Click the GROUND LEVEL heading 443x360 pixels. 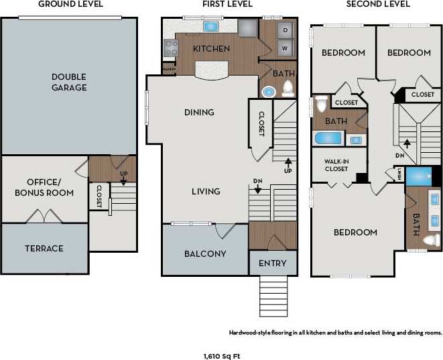pyautogui.click(x=70, y=4)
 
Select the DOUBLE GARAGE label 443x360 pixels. pyautogui.click(x=69, y=82)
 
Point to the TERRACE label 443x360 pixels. pyautogui.click(x=44, y=249)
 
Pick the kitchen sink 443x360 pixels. pyautogui.click(x=211, y=27)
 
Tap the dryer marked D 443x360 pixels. pyautogui.click(x=285, y=31)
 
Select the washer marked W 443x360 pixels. pyautogui.click(x=285, y=49)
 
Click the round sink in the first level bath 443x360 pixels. pyautogui.click(x=269, y=92)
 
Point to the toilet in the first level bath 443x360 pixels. pyautogui.click(x=288, y=88)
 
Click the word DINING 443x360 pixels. pyautogui.click(x=199, y=113)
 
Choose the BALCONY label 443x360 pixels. pyautogui.click(x=205, y=254)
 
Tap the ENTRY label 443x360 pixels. pyautogui.click(x=272, y=263)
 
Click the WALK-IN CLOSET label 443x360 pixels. pyautogui.click(x=337, y=165)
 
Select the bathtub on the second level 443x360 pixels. pyautogui.click(x=328, y=139)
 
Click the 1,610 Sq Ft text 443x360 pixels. pyautogui.click(x=221, y=355)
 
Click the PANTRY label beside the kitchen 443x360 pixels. pyautogui.click(x=168, y=68)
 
